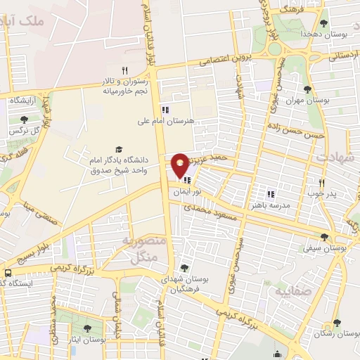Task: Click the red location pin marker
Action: (181, 165)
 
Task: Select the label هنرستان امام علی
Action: (166, 120)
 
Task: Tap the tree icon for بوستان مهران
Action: (307, 89)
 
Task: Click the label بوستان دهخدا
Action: (323, 34)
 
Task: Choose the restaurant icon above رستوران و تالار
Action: (124, 70)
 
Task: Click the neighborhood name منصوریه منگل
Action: (144, 250)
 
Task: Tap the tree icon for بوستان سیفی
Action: (324, 238)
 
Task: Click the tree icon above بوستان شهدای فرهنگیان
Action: (184, 267)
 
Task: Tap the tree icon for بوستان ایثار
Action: (87, 328)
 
